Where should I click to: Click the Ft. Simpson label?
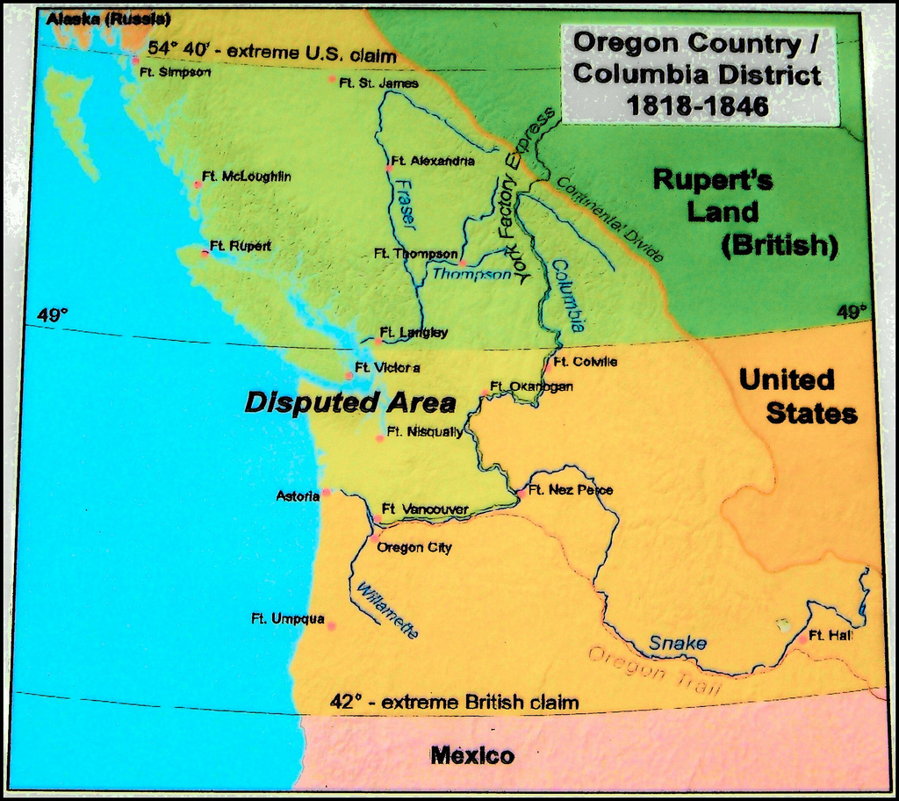[175, 72]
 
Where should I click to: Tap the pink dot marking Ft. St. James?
[332, 79]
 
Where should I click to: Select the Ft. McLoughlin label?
[246, 177]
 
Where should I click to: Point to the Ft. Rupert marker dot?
[205, 253]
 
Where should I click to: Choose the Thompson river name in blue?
[471, 274]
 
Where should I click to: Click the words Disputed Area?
[349, 403]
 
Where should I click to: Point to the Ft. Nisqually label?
[424, 432]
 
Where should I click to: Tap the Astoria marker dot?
[327, 493]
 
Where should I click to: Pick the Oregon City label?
[414, 548]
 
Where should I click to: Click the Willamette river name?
[385, 610]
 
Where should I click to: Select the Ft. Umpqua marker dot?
[332, 626]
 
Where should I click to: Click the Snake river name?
[677, 644]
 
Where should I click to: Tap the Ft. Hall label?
[830, 635]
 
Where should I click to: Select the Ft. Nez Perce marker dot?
[521, 494]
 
